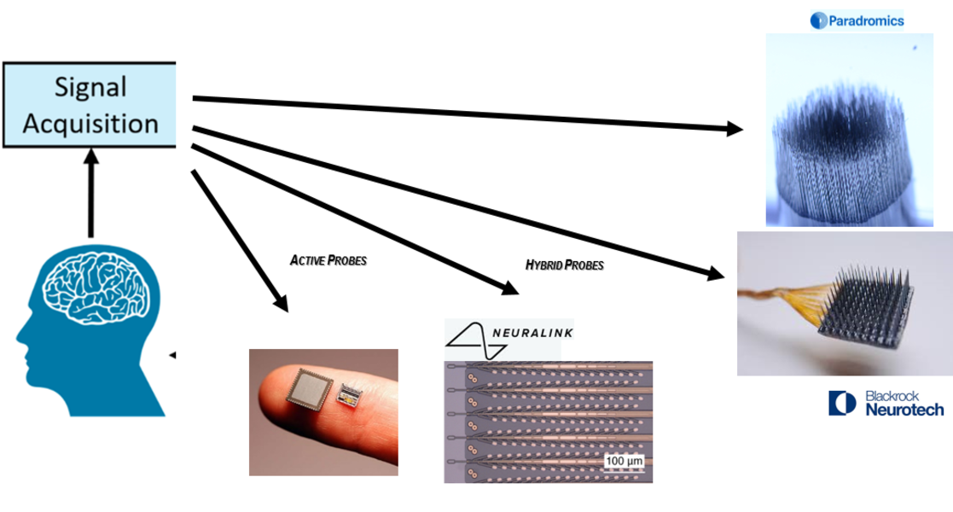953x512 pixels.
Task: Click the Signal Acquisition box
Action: click(90, 104)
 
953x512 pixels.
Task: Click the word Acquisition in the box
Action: click(90, 124)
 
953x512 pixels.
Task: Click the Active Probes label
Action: click(329, 260)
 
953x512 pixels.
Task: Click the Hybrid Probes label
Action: click(564, 265)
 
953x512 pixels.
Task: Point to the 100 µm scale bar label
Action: click(624, 461)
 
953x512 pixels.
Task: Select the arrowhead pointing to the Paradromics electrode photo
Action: click(733, 130)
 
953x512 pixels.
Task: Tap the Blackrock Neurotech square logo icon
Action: click(842, 404)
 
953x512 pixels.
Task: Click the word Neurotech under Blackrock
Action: click(904, 410)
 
